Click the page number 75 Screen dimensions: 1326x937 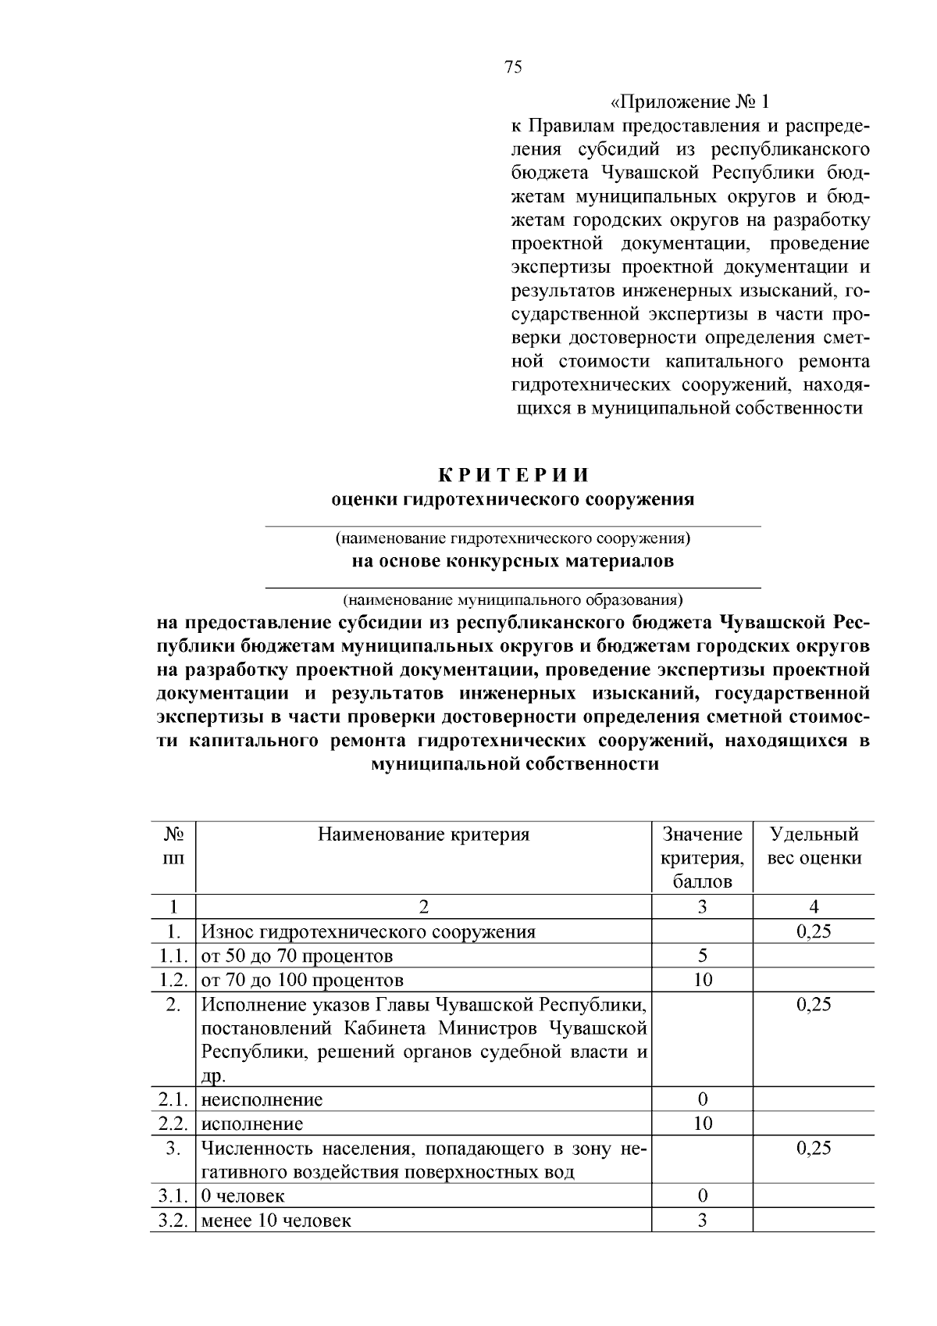[513, 67]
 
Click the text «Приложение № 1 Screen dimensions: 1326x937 [689, 102]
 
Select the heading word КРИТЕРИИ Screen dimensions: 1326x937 [512, 475]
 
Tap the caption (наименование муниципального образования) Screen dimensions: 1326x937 [513, 600]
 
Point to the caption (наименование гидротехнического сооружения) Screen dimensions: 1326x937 [513, 538]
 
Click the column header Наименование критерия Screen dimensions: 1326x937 [423, 835]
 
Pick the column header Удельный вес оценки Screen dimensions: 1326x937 [814, 846]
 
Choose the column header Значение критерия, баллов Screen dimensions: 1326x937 [702, 858]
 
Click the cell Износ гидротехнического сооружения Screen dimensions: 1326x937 [369, 931]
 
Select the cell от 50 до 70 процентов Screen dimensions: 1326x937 [297, 956]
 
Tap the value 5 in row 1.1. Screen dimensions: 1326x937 [702, 956]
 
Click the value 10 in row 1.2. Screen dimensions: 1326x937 [702, 980]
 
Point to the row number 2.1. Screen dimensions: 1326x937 [173, 1099]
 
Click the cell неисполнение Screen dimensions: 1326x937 [262, 1099]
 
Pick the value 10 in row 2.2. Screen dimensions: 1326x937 [702, 1124]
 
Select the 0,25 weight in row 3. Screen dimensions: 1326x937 [814, 1148]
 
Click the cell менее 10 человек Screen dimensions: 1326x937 [276, 1220]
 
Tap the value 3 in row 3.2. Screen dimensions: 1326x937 [702, 1220]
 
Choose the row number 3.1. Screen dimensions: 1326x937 [173, 1196]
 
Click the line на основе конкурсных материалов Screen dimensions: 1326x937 [512, 561]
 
